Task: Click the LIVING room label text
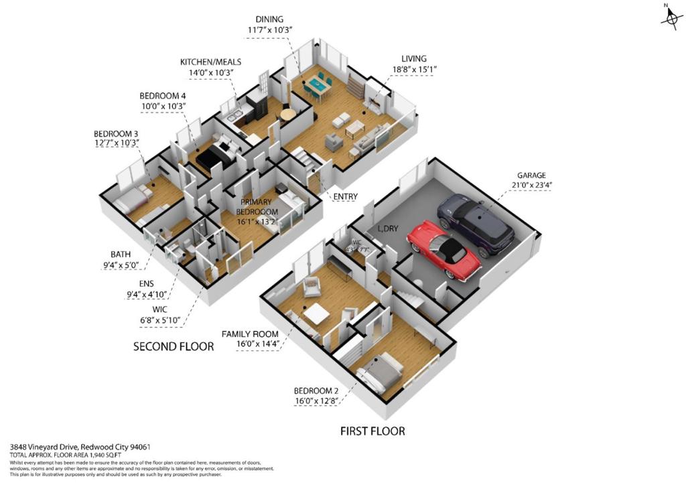tap(414, 59)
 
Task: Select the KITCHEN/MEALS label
tap(210, 62)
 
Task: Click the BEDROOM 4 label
tap(162, 96)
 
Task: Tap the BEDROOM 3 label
tap(116, 134)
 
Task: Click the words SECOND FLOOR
tap(174, 346)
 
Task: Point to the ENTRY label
tap(345, 196)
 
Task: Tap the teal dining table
tap(317, 85)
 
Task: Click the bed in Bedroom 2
tap(379, 372)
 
